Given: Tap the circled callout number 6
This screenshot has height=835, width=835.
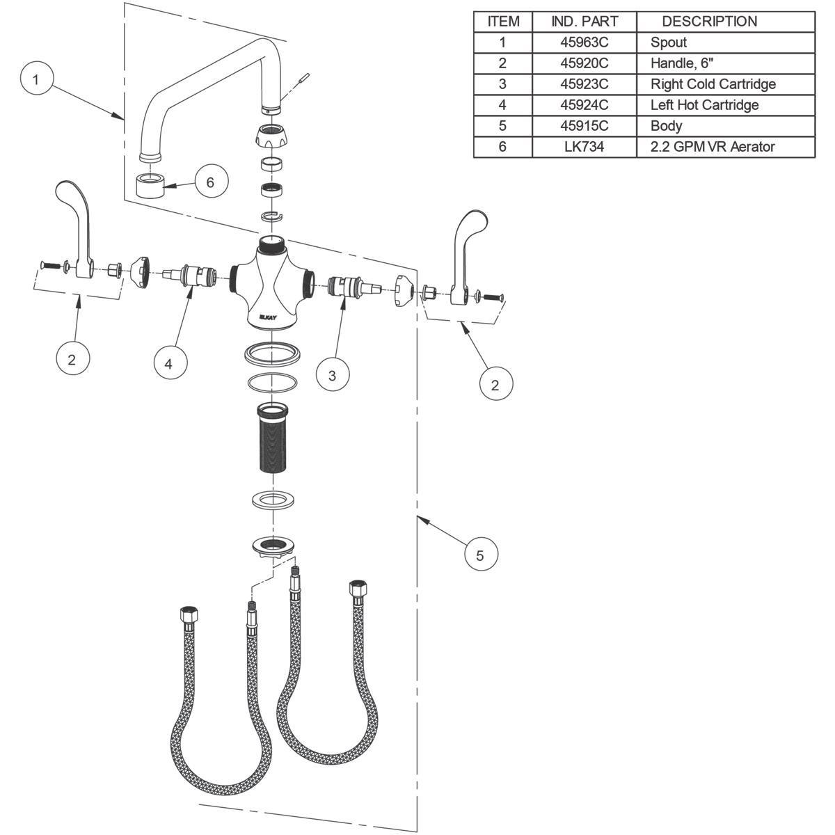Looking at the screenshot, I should click(210, 182).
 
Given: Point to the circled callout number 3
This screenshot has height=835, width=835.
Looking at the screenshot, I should click(332, 376).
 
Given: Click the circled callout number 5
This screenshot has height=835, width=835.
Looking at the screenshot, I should click(479, 555).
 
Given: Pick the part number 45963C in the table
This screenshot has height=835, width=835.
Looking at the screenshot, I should click(584, 42).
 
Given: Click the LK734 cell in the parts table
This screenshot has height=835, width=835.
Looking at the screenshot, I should click(584, 147).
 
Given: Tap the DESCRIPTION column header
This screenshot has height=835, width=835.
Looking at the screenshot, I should click(709, 22).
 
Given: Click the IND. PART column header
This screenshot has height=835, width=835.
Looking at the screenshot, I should click(584, 22).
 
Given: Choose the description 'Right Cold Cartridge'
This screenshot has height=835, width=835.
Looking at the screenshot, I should click(713, 84).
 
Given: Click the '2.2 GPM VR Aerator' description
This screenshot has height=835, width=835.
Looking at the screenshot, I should click(713, 147).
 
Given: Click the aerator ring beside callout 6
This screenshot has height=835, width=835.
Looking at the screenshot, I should click(150, 186).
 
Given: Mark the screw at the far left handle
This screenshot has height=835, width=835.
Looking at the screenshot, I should click(47, 264).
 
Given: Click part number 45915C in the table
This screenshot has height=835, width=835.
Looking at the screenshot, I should click(584, 126).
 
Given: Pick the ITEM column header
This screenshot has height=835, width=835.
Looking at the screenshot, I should click(503, 22).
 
